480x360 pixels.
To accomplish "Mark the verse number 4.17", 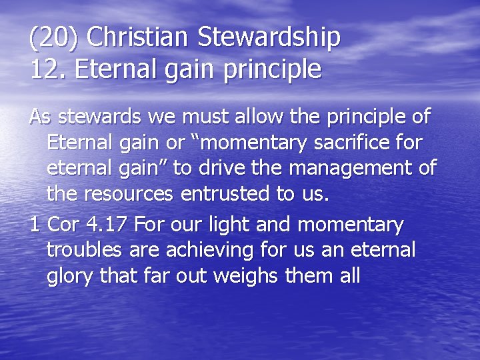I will click(x=108, y=225).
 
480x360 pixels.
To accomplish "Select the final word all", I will click(x=349, y=276).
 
